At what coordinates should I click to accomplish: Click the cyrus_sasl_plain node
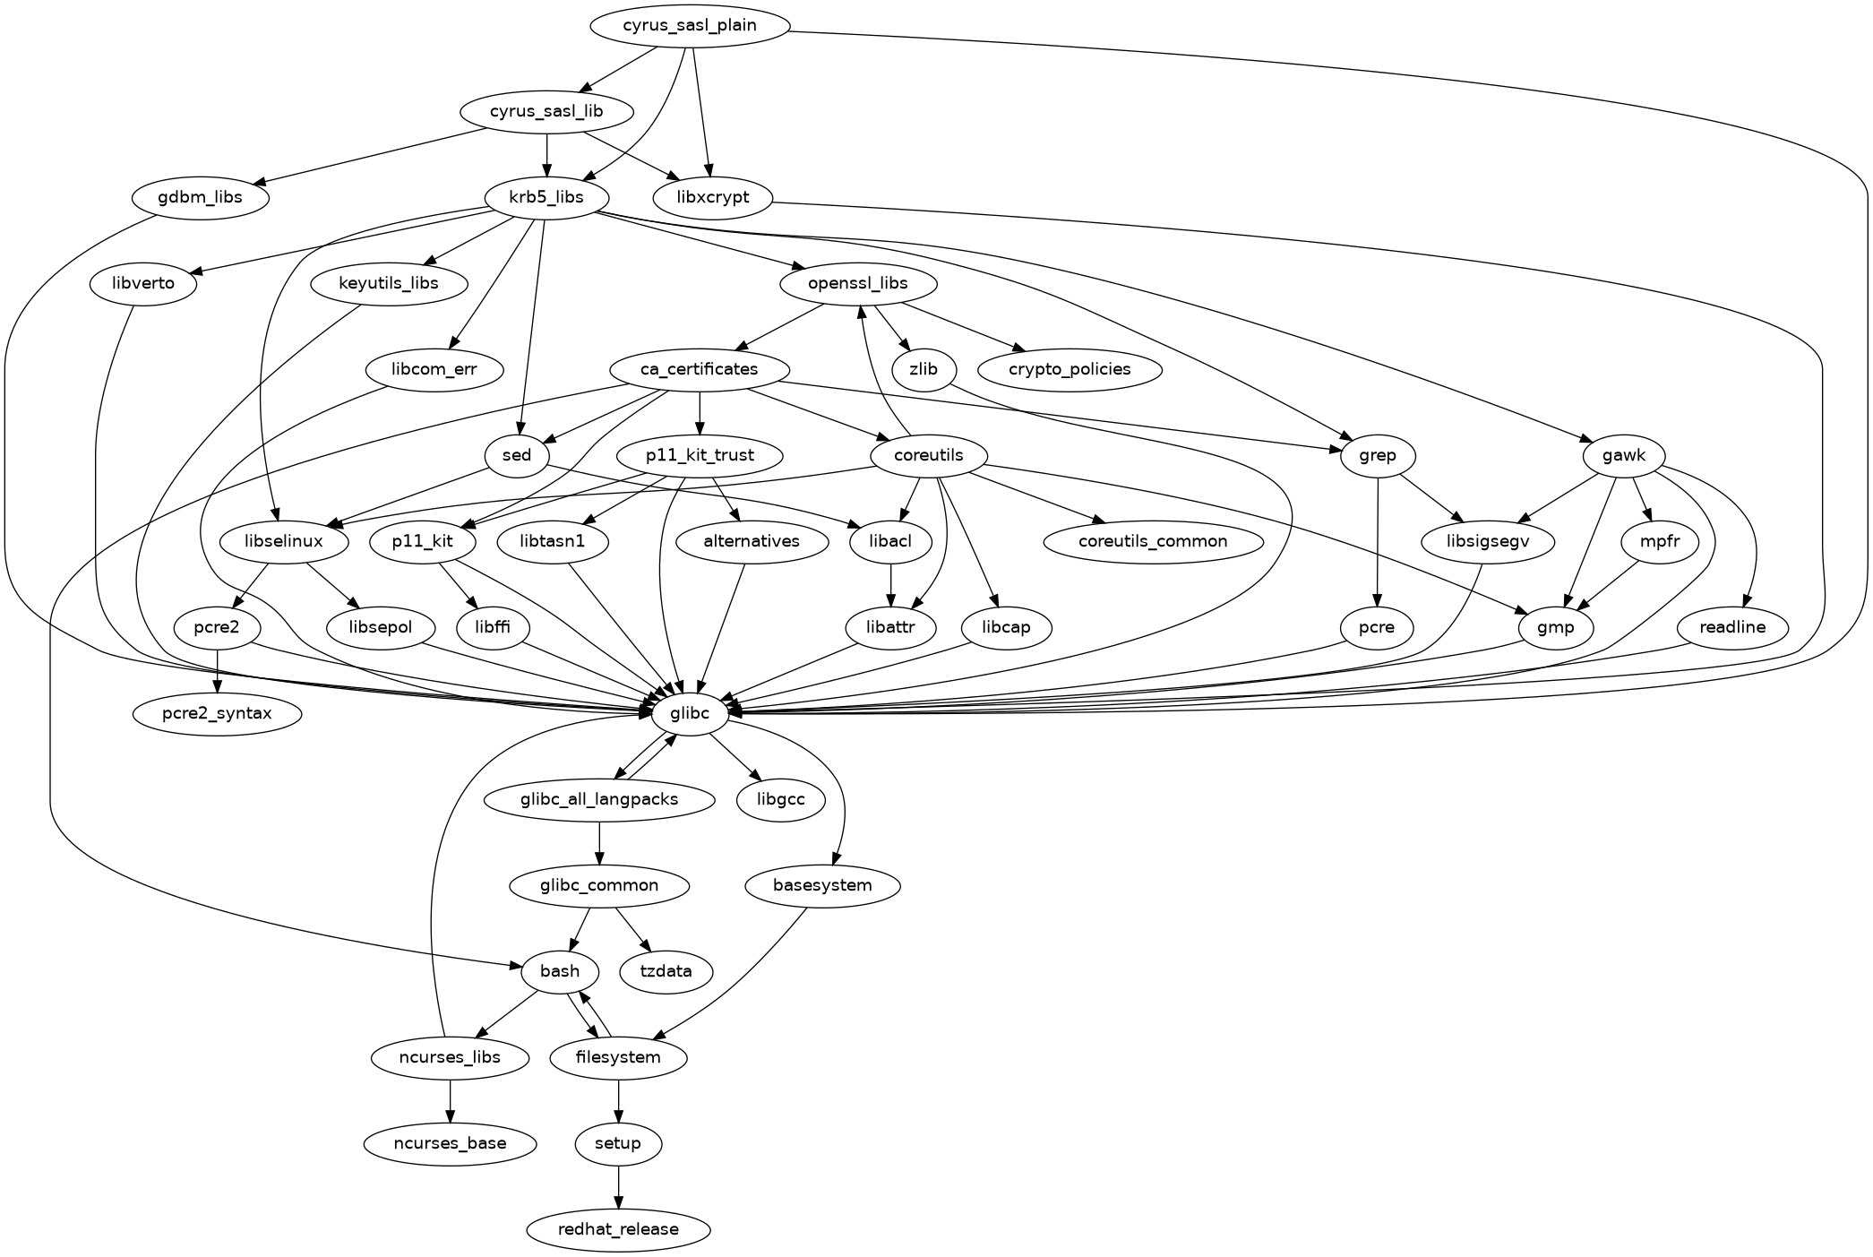690,26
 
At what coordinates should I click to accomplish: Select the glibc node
690,714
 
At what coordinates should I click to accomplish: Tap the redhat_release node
618,1229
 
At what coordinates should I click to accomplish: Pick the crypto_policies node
1070,370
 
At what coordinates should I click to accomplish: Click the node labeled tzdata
666,972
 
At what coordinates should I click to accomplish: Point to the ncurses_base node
450,1144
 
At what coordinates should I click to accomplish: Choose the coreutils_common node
1153,542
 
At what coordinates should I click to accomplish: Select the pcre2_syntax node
217,714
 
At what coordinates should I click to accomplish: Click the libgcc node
781,800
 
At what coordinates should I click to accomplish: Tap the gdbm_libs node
200,198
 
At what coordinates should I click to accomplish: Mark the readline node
1732,628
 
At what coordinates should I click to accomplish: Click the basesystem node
822,886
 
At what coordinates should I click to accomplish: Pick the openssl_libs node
858,284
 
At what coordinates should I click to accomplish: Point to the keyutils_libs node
389,284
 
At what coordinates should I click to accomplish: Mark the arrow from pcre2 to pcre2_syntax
217,671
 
